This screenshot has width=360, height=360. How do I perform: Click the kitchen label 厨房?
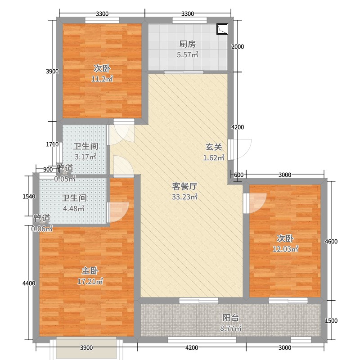coord(187,44)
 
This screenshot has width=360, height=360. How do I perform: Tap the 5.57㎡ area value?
coord(187,54)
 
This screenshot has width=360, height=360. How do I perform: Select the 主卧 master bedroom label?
coord(90,271)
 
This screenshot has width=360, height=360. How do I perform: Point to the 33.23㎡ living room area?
coord(184,197)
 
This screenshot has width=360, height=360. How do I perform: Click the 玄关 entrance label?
coord(213,147)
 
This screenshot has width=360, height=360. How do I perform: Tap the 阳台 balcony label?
coord(231,318)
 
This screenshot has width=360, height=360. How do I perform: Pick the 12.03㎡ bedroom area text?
coord(285,249)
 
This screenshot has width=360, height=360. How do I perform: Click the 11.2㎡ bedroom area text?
coord(102,79)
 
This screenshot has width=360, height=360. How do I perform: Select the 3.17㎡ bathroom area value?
coord(85,157)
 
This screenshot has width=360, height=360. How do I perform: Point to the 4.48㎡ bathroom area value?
coord(74,208)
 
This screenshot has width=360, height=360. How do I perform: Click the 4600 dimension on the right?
coord(331,241)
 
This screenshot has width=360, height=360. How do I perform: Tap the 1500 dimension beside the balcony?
coord(331,320)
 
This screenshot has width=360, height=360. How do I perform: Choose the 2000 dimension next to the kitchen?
coord(238,47)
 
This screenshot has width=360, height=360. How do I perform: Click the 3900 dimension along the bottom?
coord(86,347)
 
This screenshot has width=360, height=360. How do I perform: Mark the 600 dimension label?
coord(239,175)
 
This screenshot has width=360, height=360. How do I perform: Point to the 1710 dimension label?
coord(52,144)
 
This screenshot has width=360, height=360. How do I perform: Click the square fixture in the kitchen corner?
coord(222,29)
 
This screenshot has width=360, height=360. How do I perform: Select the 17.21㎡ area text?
coord(90,281)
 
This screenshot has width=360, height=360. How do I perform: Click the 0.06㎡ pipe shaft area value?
coord(42,229)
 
